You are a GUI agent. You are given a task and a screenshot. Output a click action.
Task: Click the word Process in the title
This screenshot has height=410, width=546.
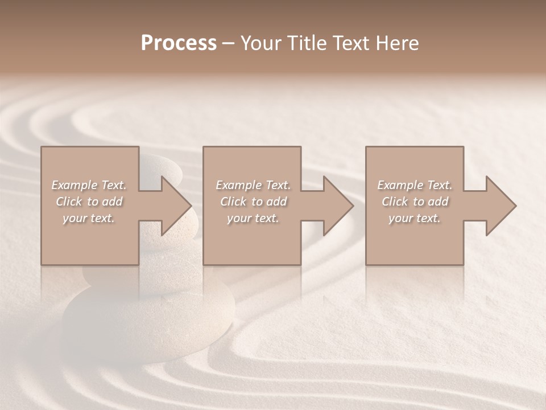(179, 43)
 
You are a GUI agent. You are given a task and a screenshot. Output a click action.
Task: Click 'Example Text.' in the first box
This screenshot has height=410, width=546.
(89, 185)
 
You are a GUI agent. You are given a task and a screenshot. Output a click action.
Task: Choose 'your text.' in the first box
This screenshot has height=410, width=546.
(89, 218)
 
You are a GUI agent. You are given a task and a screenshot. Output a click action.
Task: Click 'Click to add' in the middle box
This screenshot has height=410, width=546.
(253, 202)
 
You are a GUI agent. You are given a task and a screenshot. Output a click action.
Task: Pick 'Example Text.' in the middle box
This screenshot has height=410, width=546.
(253, 185)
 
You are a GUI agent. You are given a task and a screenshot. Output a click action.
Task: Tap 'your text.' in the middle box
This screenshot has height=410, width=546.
(253, 218)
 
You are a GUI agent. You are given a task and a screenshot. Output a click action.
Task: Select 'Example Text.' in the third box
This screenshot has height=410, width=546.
(415, 185)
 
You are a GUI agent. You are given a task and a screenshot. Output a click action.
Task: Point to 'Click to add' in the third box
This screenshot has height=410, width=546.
(415, 202)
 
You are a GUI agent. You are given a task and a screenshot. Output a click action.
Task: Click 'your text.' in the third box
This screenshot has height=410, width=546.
(415, 218)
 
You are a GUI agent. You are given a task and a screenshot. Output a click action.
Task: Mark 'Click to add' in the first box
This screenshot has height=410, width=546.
(89, 202)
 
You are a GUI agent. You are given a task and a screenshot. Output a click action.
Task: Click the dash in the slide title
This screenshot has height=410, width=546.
(228, 44)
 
